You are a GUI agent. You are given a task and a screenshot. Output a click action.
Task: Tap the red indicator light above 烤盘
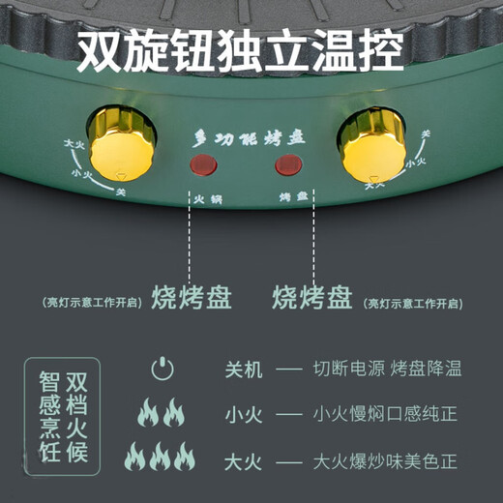tap(286, 164)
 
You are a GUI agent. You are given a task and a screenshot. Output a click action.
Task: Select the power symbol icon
tap(163, 369)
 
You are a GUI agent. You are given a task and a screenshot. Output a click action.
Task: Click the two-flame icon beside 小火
tap(162, 414)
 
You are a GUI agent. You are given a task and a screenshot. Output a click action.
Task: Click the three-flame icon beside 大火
tap(162, 456)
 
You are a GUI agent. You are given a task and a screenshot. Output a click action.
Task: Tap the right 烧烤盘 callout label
tap(313, 295)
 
